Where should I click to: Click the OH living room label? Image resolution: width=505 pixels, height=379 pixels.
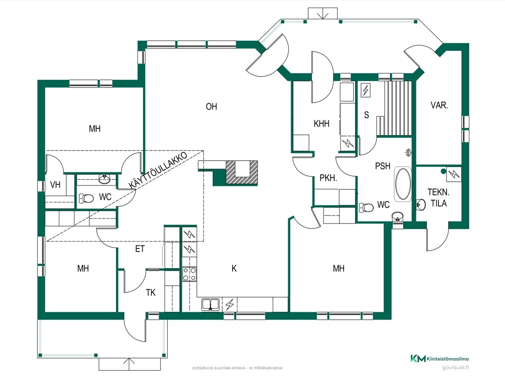point(211,107)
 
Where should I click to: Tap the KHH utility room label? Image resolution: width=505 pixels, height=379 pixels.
point(321,124)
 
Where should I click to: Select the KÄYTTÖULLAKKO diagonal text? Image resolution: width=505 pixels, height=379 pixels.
point(158,171)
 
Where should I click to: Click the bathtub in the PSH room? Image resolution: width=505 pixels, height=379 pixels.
point(403,184)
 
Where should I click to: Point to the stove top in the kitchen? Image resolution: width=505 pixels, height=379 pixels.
point(189,274)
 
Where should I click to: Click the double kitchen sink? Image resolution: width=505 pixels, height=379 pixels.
point(211,305)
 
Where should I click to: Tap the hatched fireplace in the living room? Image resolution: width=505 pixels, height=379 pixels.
point(242,173)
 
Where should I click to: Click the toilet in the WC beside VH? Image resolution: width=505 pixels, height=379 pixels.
point(86,198)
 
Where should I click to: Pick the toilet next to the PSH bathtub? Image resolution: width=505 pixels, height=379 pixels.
point(366,208)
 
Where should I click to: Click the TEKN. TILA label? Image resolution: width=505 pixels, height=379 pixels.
point(438,198)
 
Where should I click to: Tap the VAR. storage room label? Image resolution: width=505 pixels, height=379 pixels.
point(439,105)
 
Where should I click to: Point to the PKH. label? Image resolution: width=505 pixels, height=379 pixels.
point(328,178)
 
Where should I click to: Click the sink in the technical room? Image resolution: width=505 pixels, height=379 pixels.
point(421,204)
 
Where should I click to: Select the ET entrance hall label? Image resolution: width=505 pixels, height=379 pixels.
point(140,249)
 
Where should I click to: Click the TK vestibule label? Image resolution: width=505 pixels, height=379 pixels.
point(151,293)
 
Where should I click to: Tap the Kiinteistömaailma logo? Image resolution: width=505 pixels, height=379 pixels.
point(440,359)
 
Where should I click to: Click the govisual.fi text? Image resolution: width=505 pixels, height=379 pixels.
point(455,368)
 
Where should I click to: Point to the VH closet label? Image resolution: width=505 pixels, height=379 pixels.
point(55,185)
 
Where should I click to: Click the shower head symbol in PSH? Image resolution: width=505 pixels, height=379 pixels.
point(408,152)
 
